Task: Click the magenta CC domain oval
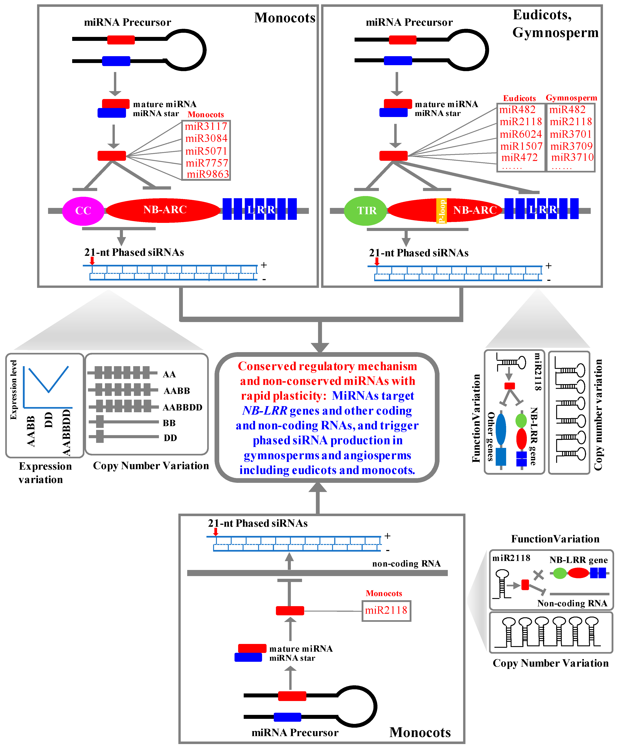[x=83, y=211]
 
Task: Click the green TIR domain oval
[x=365, y=211]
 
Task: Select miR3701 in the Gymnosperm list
[x=570, y=134]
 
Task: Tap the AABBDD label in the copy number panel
[x=182, y=407]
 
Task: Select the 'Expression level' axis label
[x=13, y=390]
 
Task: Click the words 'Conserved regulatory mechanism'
[x=327, y=366]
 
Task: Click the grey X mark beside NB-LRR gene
[x=539, y=575]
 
